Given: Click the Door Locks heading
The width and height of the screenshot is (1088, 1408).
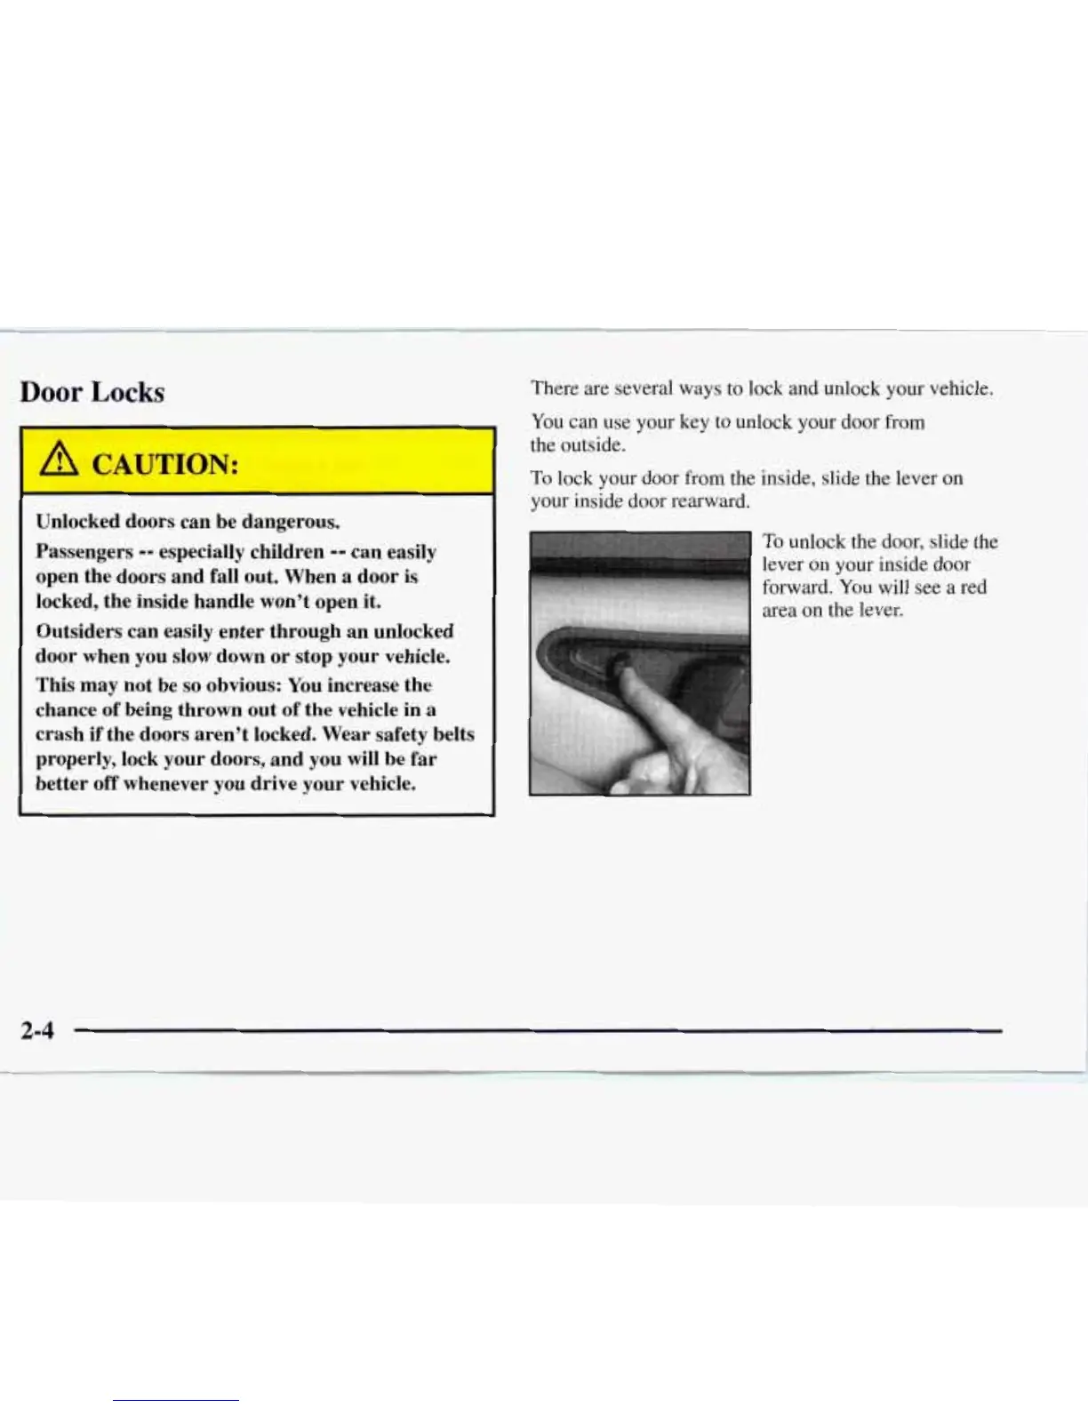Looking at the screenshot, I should (x=92, y=392).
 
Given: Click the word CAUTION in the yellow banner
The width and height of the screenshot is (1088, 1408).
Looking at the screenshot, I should (x=165, y=463).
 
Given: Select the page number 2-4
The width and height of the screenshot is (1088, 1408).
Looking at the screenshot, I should (x=37, y=1030).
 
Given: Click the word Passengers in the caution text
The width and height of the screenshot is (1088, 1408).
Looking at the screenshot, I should (x=84, y=552).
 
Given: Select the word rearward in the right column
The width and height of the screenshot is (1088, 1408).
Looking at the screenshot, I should (x=710, y=501).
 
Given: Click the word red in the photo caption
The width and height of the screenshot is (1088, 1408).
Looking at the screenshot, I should (x=973, y=588).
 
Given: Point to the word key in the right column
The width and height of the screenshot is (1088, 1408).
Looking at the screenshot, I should (x=693, y=422).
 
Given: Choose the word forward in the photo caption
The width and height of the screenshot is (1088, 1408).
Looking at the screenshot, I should (x=797, y=588).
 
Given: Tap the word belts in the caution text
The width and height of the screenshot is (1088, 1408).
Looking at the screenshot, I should (x=453, y=734).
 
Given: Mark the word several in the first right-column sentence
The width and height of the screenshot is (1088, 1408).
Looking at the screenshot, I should (x=644, y=388).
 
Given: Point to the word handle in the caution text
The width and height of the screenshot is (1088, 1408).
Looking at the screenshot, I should (x=223, y=602).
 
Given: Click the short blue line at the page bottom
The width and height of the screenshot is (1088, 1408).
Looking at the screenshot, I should (x=175, y=1400).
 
